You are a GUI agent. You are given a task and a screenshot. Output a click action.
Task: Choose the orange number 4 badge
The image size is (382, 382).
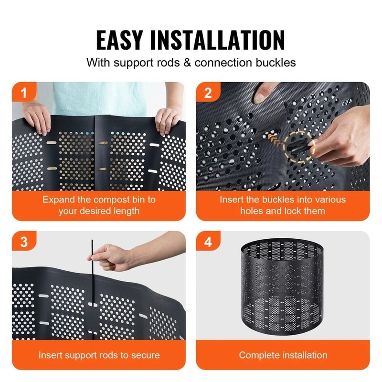point(207,242)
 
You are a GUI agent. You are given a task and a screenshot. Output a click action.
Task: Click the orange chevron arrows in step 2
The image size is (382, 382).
point(273,139)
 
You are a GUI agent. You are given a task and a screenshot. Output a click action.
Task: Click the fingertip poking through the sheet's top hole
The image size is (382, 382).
point(262,95)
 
